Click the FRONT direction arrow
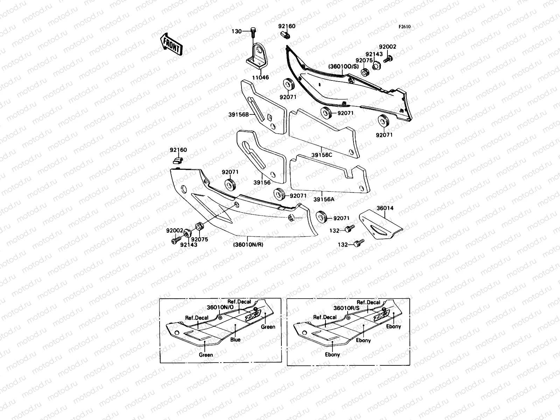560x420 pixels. [171, 44]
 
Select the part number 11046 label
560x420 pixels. [260, 77]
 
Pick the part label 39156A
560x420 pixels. [324, 199]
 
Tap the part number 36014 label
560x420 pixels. [385, 208]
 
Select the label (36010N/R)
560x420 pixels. [248, 245]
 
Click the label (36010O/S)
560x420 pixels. [343, 66]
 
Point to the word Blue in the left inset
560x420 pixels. [235, 339]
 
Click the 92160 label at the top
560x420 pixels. [287, 26]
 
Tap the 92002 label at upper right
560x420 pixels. [388, 47]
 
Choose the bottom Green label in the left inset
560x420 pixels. [206, 355]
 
